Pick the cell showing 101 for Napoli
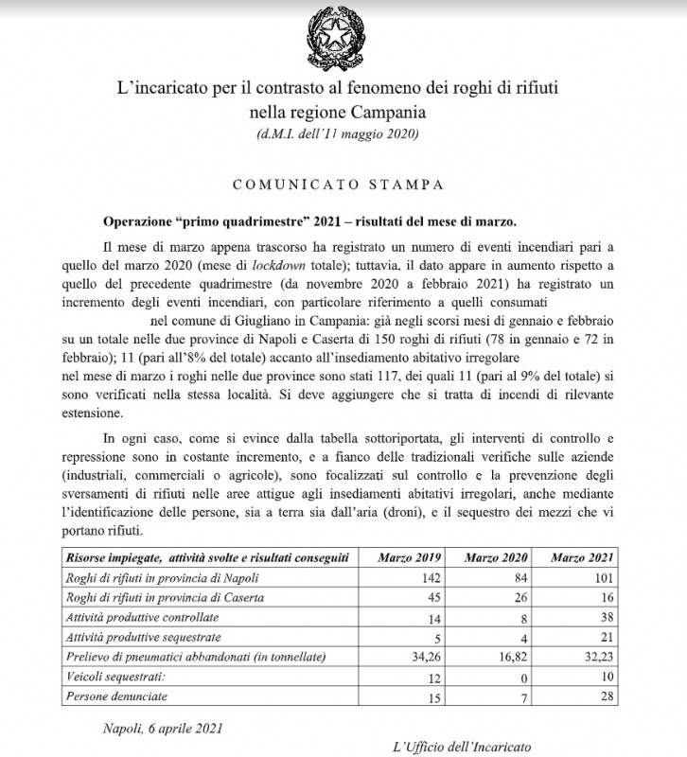(x=606, y=577)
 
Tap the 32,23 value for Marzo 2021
(x=598, y=657)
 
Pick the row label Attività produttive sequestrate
(x=148, y=637)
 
